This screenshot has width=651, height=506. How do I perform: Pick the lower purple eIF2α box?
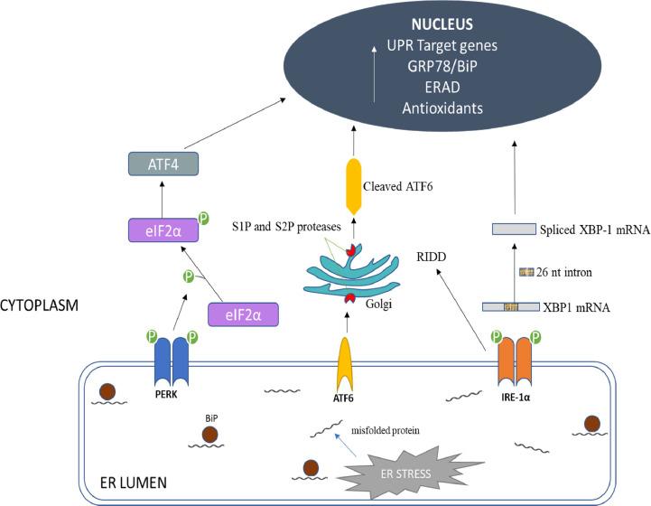(x=241, y=314)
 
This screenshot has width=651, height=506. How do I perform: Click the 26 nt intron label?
(x=556, y=272)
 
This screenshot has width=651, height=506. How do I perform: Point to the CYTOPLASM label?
(x=40, y=306)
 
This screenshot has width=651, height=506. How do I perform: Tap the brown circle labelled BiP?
(x=209, y=435)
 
